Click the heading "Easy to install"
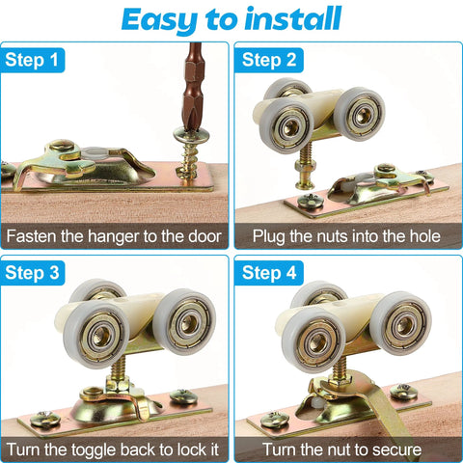pyautogui.click(x=231, y=19)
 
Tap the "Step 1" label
pyautogui.click(x=33, y=62)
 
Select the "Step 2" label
pyautogui.click(x=267, y=62)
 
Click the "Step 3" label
pyautogui.click(x=33, y=274)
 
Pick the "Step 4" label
pyautogui.click(x=267, y=274)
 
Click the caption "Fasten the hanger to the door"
pyautogui.click(x=115, y=235)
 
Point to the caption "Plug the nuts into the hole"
pyautogui.click(x=346, y=235)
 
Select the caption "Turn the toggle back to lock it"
pyautogui.click(x=115, y=448)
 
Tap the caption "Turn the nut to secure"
pyautogui.click(x=346, y=448)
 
